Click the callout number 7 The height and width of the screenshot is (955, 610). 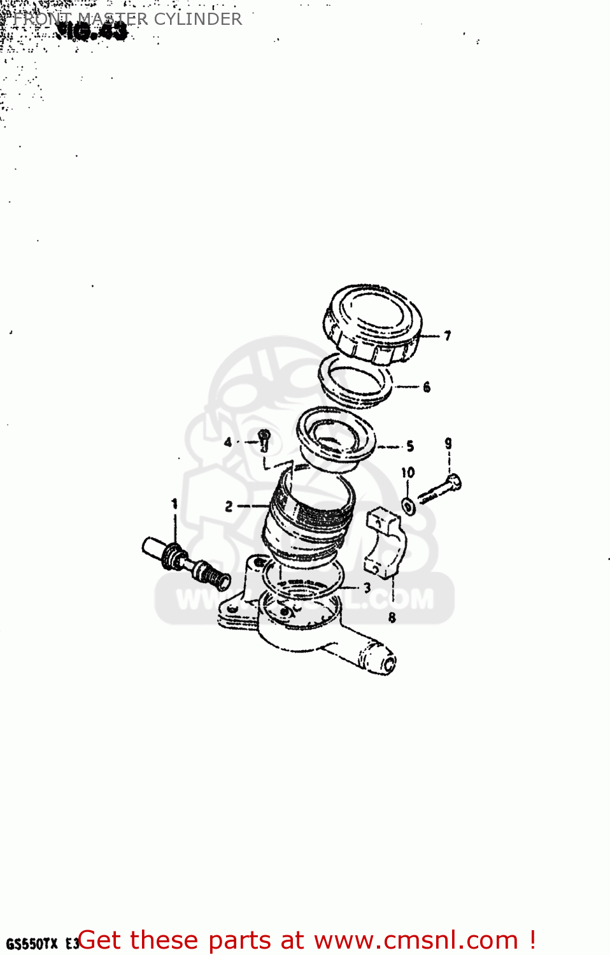point(448,336)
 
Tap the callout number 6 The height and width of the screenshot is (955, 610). point(427,386)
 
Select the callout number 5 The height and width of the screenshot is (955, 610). point(410,446)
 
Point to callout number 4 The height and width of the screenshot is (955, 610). point(228,441)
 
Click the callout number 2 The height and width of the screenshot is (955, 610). point(229,507)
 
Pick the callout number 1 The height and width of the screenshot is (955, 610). point(174,504)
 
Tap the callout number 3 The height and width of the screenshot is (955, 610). point(367,588)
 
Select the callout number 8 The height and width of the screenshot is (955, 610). point(392,617)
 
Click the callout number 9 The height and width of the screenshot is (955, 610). point(448,443)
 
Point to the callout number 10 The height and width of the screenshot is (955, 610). point(408,472)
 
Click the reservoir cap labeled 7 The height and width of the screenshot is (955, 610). point(373,323)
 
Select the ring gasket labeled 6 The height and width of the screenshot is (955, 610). point(355,381)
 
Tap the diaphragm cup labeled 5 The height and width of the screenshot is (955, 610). point(336,437)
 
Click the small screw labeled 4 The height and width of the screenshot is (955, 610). point(264,439)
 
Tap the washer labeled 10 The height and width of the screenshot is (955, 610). point(408,507)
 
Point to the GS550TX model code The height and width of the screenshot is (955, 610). point(32,944)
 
